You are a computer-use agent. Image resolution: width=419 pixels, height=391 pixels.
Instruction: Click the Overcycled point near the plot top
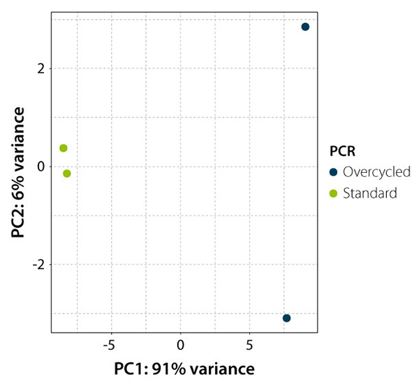click(305, 27)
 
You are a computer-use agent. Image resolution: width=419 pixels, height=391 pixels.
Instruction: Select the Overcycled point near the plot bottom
click(286, 318)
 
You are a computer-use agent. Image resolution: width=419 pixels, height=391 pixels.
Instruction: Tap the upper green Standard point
click(64, 148)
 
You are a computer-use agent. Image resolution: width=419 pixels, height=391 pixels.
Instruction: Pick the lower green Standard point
click(67, 173)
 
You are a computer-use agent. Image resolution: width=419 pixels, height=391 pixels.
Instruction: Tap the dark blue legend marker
click(334, 172)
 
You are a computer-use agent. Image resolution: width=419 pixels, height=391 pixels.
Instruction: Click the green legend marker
click(334, 194)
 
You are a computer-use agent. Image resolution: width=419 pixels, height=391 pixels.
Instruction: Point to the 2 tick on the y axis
click(41, 69)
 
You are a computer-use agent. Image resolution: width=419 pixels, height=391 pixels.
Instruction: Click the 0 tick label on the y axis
click(41, 166)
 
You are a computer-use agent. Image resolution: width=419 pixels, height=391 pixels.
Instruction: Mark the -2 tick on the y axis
click(38, 265)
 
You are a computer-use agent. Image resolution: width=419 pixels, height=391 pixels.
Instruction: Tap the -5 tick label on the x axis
click(108, 345)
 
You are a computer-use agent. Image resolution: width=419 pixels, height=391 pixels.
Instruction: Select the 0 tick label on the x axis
click(180, 345)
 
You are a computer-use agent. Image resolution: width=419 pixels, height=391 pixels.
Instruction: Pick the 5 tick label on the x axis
click(249, 345)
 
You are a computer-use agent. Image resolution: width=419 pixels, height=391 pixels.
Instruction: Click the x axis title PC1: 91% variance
click(180, 368)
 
